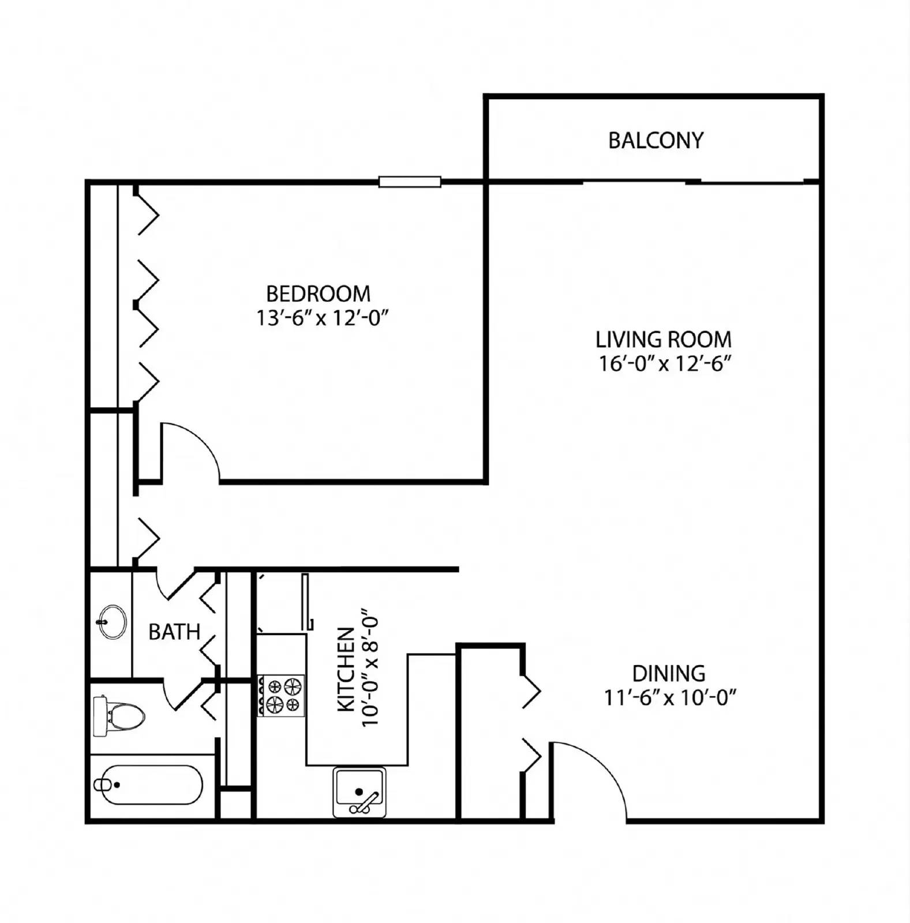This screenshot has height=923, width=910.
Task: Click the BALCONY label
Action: pos(656,140)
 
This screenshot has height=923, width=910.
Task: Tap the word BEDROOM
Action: pos(318,294)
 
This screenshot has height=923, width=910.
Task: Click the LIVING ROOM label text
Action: pos(663,339)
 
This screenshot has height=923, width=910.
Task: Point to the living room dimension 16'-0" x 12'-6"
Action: pos(665,364)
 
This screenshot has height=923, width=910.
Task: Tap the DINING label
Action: pos(668,673)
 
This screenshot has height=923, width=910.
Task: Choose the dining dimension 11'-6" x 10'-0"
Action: pos(669,698)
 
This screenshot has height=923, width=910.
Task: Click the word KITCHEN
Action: pos(345,669)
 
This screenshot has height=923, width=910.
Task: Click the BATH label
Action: pos(174,632)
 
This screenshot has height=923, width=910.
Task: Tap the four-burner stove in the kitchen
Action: pos(281,696)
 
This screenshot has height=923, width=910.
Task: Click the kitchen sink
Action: pos(359,792)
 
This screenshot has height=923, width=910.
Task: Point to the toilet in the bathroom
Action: pos(118,716)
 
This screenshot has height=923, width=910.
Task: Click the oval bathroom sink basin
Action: pos(113,621)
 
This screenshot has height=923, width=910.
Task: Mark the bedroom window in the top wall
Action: pos(410,182)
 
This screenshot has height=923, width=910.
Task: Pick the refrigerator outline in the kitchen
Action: pos(281,603)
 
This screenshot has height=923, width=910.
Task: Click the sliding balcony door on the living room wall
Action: pos(692,182)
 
